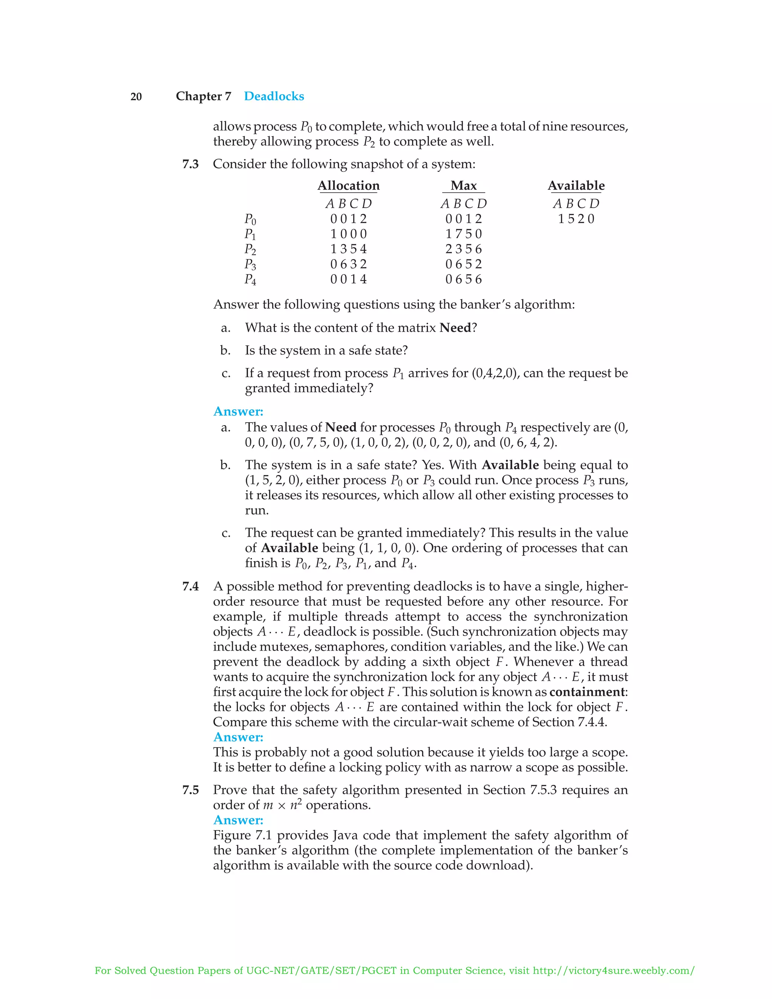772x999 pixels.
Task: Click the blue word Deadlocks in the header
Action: click(x=274, y=96)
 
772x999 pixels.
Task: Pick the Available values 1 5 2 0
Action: click(x=576, y=219)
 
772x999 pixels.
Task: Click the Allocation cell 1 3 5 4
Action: click(x=349, y=249)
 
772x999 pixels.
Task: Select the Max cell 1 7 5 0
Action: click(x=463, y=234)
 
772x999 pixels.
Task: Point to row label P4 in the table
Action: click(x=250, y=279)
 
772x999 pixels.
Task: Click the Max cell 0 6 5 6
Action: click(x=463, y=279)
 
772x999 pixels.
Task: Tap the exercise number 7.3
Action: click(x=190, y=164)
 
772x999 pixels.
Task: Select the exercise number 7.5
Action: click(x=190, y=789)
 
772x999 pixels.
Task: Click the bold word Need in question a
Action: click(x=455, y=328)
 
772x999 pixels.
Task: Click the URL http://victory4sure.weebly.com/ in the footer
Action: click(x=613, y=970)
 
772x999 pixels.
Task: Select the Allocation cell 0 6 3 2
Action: click(x=349, y=264)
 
